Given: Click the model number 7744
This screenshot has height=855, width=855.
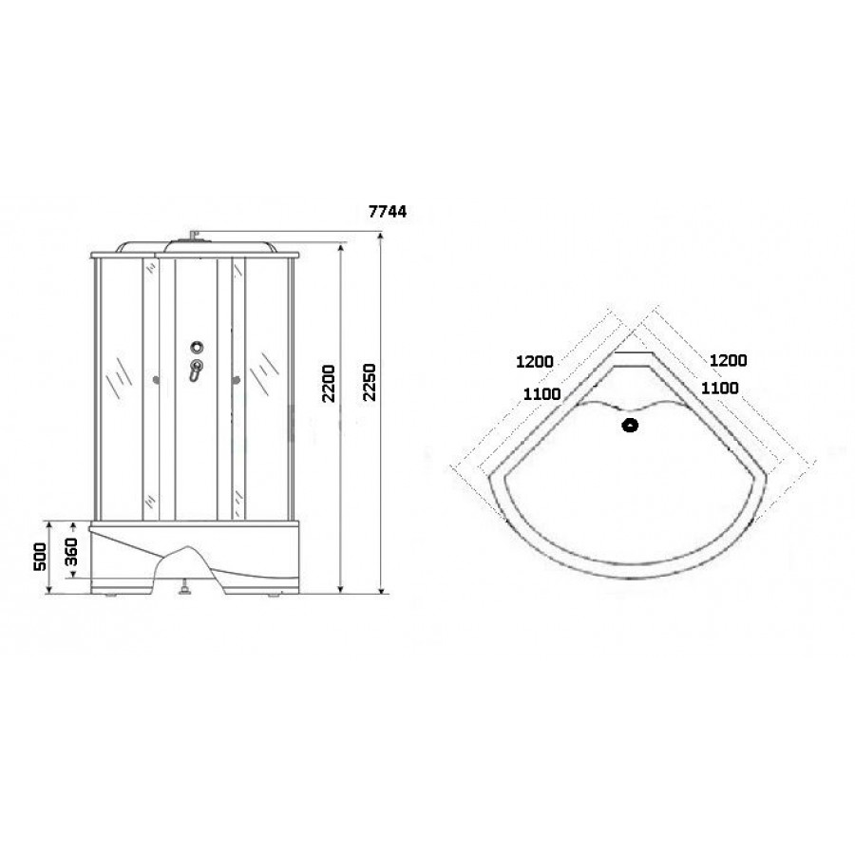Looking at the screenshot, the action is (x=388, y=212).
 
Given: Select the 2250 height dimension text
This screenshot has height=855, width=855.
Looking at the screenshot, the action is (x=370, y=382).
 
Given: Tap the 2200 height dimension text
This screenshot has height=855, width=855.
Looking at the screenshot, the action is (x=329, y=384).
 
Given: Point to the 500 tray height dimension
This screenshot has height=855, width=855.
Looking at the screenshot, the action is (x=40, y=556).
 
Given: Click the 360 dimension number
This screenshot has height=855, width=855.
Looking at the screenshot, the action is (x=71, y=551).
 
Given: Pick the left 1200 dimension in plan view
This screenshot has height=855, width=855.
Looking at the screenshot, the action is (x=534, y=362).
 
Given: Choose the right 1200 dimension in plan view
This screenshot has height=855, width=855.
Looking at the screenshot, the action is (x=728, y=360).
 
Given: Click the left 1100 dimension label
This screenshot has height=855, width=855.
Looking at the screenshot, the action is (x=541, y=393).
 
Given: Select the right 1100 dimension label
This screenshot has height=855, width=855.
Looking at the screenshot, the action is (x=720, y=388).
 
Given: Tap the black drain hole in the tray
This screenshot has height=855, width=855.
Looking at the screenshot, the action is (x=631, y=425).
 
